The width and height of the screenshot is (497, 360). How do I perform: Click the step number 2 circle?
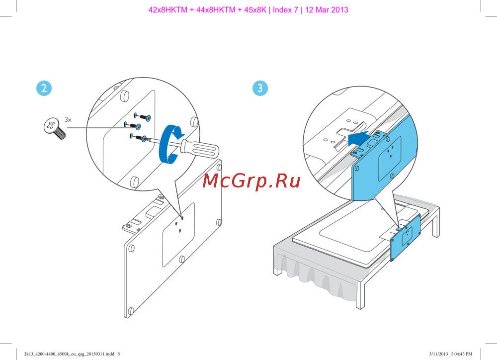44,89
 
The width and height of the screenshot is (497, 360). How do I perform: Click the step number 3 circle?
260,88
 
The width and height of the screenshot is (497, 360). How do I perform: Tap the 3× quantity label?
68,119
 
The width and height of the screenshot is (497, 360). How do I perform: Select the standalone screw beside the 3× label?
55,128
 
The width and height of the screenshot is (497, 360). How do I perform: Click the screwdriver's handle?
200,150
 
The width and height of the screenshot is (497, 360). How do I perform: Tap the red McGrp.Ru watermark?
251,181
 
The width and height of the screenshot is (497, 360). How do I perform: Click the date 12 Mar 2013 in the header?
327,10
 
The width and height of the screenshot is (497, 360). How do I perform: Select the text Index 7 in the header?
285,10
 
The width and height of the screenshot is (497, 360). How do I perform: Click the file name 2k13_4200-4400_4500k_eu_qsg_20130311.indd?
69,354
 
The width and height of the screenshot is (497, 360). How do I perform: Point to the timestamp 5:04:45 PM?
462,354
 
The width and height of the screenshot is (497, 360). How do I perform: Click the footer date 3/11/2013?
438,354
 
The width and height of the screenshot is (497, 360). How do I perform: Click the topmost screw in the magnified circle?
142,117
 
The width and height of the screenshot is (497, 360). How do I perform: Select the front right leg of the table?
360,294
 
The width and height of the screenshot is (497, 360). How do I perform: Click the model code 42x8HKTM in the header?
167,10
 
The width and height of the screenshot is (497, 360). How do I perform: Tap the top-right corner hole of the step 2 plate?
219,167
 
